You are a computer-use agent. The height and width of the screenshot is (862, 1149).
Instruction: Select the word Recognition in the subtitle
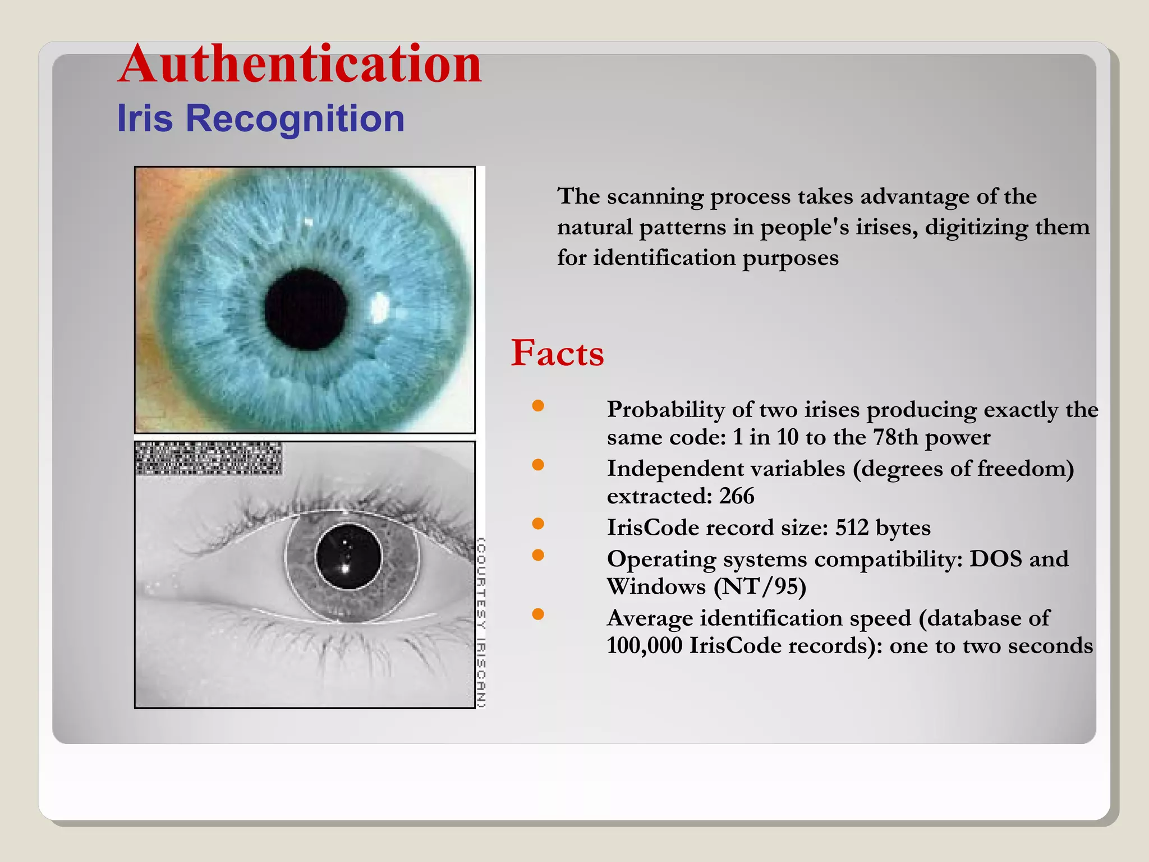(x=295, y=118)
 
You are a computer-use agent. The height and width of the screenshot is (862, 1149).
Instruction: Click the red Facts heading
(x=557, y=353)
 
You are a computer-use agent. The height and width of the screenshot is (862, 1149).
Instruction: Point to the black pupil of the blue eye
(x=306, y=309)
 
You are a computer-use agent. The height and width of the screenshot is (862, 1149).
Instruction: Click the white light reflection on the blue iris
(x=380, y=308)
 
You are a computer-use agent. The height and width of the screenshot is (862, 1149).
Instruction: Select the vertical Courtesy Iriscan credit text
(x=481, y=622)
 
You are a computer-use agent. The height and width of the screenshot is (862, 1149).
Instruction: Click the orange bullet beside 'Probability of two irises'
(x=538, y=406)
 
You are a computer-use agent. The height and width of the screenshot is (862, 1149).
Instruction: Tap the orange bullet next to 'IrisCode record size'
(x=538, y=524)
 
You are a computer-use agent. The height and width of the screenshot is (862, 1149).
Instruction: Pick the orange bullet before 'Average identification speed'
(x=538, y=614)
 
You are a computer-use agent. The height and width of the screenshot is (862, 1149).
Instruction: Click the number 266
(x=737, y=496)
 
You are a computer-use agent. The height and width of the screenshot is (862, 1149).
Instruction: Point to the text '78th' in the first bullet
(x=896, y=437)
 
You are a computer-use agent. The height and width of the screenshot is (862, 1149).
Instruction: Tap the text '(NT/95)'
(x=760, y=586)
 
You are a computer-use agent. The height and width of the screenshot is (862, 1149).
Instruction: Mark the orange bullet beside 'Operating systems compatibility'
(x=538, y=555)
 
